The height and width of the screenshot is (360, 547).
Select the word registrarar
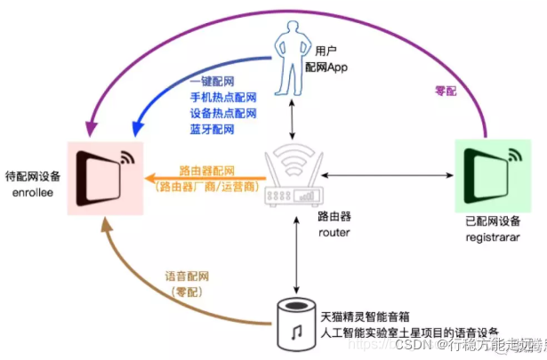[x=491, y=238]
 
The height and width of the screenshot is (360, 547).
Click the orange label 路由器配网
[x=206, y=171]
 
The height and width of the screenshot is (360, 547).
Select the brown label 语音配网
[x=189, y=276]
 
